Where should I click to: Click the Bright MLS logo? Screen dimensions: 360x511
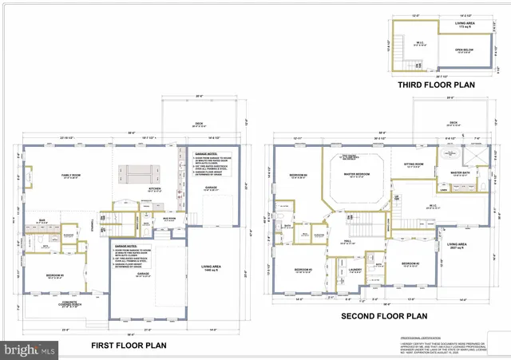click(30, 350)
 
